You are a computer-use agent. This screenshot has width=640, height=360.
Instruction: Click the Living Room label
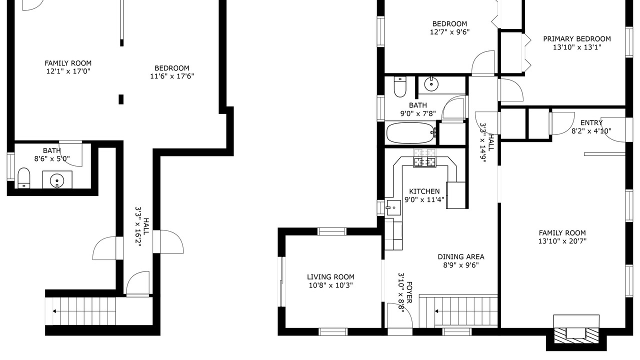[330, 277]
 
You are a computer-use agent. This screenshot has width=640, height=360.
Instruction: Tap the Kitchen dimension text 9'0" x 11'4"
[424, 199]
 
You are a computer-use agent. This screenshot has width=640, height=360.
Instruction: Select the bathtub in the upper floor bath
[410, 133]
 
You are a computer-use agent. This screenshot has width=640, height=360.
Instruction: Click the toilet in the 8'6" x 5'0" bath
[23, 178]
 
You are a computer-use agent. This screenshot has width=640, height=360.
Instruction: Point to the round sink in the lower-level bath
[57, 180]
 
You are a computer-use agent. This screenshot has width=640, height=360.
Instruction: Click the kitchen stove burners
[425, 162]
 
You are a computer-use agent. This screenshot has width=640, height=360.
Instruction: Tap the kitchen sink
[393, 207]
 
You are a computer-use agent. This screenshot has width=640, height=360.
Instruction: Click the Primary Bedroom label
[577, 39]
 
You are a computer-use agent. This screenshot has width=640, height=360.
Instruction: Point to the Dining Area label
[461, 257]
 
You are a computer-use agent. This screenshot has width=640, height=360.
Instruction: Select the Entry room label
[591, 123]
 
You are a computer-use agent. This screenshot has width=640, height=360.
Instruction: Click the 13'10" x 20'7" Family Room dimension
[562, 241]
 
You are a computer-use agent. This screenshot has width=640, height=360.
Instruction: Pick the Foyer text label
[409, 292]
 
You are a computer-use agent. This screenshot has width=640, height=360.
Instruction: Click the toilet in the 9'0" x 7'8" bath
[399, 87]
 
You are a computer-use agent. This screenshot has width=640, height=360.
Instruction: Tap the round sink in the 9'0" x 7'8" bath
[430, 84]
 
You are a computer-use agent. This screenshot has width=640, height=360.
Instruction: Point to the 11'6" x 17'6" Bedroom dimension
[172, 76]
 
